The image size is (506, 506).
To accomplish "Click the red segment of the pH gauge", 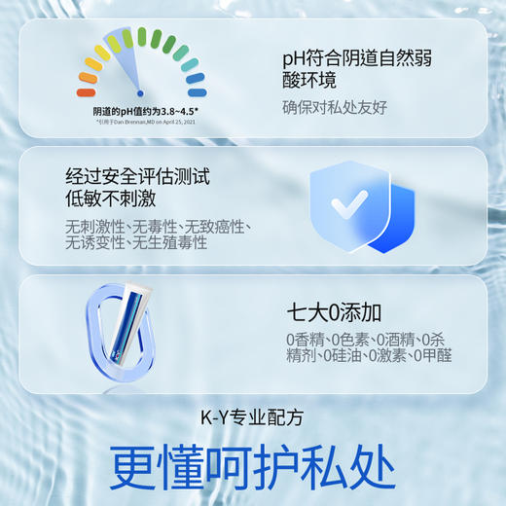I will pos(86,92).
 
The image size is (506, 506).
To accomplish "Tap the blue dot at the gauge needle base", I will pos(140,90).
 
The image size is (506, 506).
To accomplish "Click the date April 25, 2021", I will pos(178,123).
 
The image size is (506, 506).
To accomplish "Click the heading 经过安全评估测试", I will pos(137,177).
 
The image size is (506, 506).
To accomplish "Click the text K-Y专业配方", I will pos(252,417).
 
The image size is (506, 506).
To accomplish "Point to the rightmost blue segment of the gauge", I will pos(196,92).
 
